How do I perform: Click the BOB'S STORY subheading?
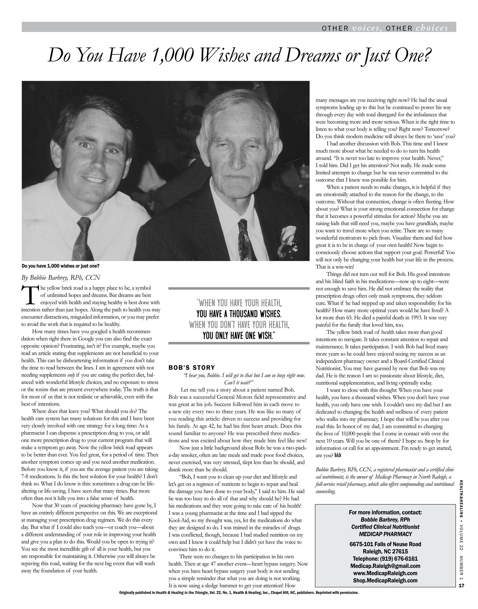coord(192,368)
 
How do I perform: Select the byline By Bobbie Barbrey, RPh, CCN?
coord(61,277)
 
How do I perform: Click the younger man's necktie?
coord(82,238)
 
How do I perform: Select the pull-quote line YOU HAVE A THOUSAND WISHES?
coord(239,314)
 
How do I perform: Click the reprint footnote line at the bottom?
coord(239,593)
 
